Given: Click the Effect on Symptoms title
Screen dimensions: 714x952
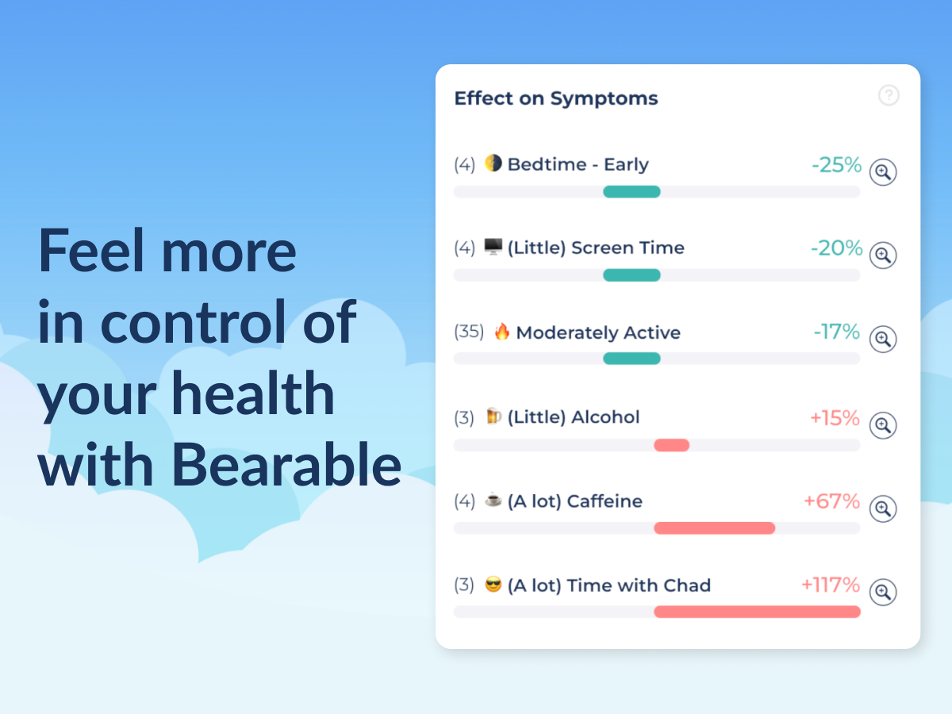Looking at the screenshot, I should pos(555,98).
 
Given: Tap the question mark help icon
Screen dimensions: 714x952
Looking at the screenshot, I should pos(889,95).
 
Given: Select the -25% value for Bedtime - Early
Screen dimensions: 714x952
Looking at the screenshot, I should pos(836,165).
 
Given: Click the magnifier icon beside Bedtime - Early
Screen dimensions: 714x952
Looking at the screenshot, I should pos(883,171).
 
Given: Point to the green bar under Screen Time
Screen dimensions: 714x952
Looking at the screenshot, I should pos(631,275).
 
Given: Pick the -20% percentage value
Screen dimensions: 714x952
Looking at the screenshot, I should pos(836,248).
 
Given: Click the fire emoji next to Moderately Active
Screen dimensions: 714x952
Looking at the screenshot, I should pos(501,332).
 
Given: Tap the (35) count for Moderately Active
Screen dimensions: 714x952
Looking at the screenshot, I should pos(469,332).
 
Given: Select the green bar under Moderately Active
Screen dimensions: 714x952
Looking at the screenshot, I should pos(631,359).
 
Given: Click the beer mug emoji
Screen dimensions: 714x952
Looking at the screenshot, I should pos(493,416).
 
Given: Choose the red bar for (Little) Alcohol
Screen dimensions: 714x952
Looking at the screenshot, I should pos(671,445).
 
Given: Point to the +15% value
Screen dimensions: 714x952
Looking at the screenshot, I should pos(835,418).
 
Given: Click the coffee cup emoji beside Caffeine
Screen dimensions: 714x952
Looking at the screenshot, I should pos(493,501).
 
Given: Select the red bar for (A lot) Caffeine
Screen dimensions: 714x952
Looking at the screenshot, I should pos(714,528).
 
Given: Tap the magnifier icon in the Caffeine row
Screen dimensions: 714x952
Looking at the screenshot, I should pos(883,508).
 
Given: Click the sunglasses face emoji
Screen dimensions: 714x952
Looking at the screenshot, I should pos(493,585).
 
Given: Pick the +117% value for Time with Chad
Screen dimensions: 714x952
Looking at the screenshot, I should pos(831,585).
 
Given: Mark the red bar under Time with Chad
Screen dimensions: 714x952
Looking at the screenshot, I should pos(757,612).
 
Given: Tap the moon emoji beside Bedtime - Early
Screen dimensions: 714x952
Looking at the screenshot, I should pos(493,163).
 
